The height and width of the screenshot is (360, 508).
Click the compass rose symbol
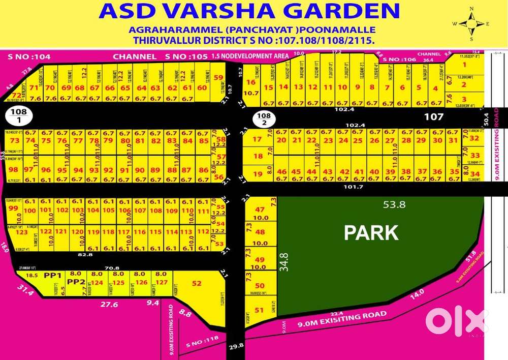[x=471, y=23]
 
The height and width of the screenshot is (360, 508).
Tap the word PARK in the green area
[x=371, y=232]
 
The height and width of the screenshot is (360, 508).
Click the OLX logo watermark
[x=455, y=321]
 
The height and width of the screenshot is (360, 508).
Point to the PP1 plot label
[x=52, y=275]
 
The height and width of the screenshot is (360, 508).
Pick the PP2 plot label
[x=76, y=282]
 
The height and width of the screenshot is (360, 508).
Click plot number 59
[x=218, y=78]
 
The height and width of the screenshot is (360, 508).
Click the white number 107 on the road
[x=434, y=117]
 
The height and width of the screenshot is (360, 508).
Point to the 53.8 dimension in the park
[x=394, y=205]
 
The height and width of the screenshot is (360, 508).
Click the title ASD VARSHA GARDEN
[x=249, y=11]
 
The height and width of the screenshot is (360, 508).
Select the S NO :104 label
[x=28, y=57]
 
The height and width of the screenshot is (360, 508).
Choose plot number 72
[x=16, y=95]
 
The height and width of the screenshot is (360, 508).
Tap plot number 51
[x=259, y=310]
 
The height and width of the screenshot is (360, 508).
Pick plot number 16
[x=250, y=82]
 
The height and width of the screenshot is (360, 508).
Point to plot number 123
[x=21, y=232]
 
